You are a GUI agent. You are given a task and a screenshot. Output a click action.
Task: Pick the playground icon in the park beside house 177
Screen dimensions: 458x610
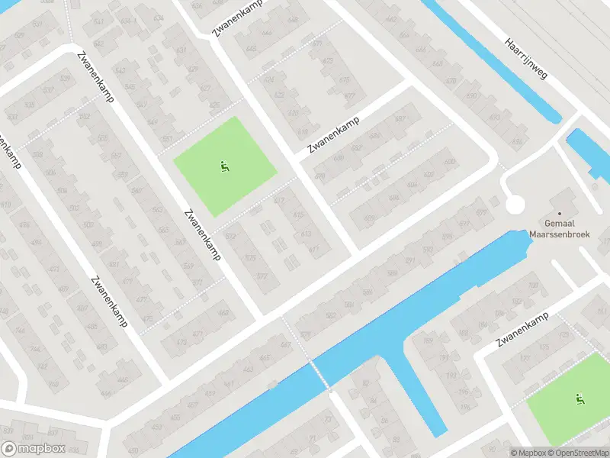click(579, 398)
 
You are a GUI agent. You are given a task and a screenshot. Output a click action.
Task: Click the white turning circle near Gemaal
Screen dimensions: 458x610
click(515, 205)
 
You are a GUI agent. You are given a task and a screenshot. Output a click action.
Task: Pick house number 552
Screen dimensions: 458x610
click(84, 117)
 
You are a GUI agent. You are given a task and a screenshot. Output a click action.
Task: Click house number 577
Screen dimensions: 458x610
click(262, 276)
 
